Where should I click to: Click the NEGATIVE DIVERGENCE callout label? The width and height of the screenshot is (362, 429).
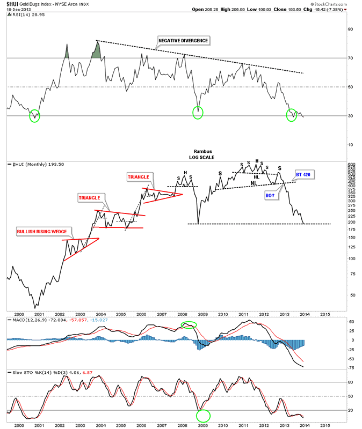(183, 40)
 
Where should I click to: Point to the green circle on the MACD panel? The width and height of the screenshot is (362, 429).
(189, 324)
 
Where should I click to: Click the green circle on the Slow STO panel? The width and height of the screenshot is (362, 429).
(204, 415)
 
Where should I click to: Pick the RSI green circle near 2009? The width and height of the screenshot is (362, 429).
(198, 112)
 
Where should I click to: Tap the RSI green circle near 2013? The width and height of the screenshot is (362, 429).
(291, 115)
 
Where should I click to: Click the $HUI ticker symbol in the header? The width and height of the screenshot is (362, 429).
(16, 4)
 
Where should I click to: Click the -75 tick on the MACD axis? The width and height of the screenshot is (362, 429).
(351, 367)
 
